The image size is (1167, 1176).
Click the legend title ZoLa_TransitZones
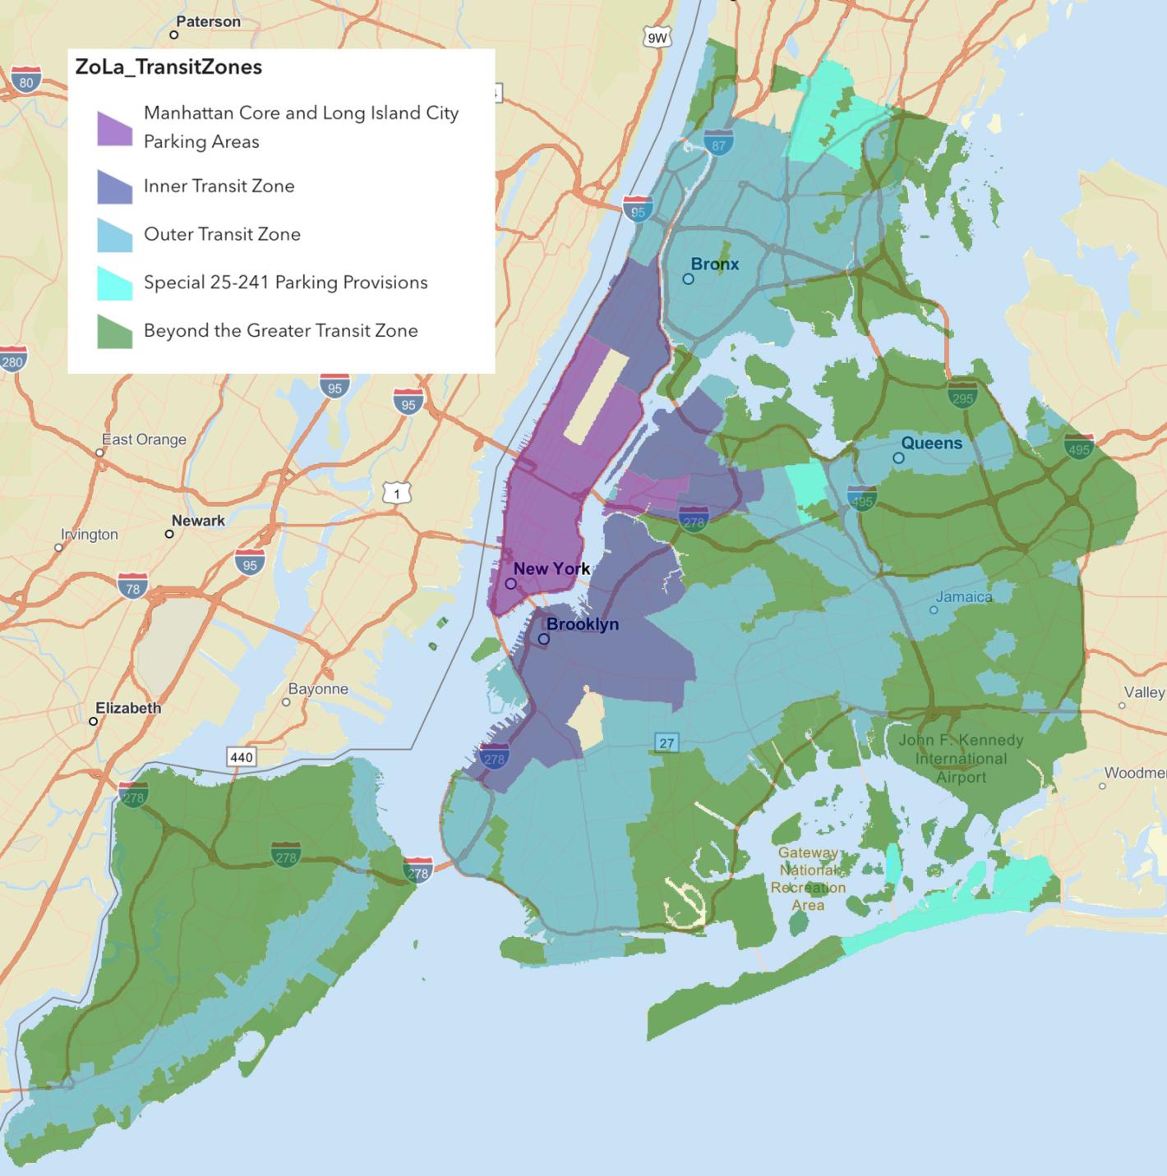click(x=168, y=67)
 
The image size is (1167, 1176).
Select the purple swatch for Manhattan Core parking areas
click(x=114, y=128)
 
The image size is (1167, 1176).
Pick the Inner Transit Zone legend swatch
click(x=114, y=186)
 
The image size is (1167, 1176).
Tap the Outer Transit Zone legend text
click(x=222, y=234)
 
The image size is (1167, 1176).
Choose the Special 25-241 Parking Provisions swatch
click(x=114, y=283)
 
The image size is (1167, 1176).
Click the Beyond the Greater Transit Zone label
click(x=280, y=331)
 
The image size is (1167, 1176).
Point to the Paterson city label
click(x=208, y=22)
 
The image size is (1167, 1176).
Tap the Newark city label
click(x=198, y=521)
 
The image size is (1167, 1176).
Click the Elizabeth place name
click(x=128, y=708)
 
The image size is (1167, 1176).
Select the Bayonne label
click(x=318, y=689)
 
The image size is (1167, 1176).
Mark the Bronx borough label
click(x=714, y=264)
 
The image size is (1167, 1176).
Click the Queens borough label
click(x=931, y=443)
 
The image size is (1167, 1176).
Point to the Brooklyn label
click(x=582, y=624)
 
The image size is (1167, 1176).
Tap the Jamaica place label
click(x=964, y=597)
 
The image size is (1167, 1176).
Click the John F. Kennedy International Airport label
click(x=961, y=758)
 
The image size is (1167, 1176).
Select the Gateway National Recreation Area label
click(x=808, y=879)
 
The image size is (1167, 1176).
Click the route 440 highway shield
click(x=242, y=756)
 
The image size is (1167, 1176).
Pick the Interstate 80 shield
click(x=26, y=80)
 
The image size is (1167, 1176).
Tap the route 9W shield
click(x=657, y=38)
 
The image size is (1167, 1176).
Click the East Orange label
click(x=144, y=439)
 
